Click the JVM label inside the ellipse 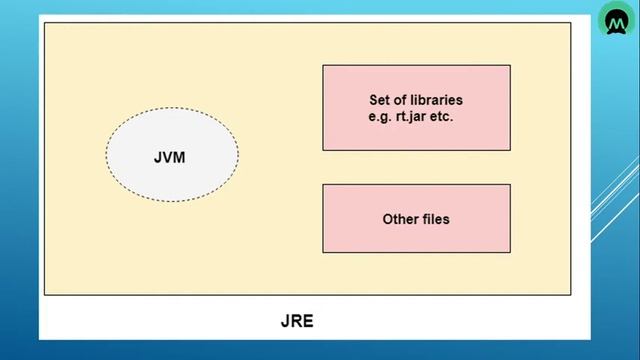pyautogui.click(x=170, y=158)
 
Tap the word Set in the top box pyautogui.click(x=380, y=101)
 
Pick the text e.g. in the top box pyautogui.click(x=381, y=116)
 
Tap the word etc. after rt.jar pyautogui.click(x=451, y=116)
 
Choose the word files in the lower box pyautogui.click(x=435, y=218)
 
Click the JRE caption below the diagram pyautogui.click(x=297, y=321)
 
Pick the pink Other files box pyautogui.click(x=416, y=240)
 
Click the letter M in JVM pyautogui.click(x=180, y=158)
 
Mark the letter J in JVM pyautogui.click(x=158, y=158)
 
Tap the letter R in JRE pyautogui.click(x=297, y=321)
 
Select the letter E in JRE pyautogui.click(x=309, y=321)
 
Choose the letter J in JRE pyautogui.click(x=285, y=321)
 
